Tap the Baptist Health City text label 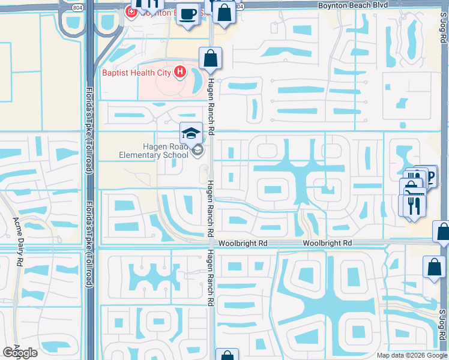click(x=136, y=73)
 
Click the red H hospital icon click(x=179, y=73)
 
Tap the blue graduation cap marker click(x=191, y=133)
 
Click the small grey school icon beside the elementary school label click(x=197, y=151)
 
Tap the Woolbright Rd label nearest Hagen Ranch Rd click(x=243, y=243)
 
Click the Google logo click(x=20, y=353)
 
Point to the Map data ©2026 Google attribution click(x=412, y=355)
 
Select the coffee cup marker click(x=188, y=13)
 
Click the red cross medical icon click(x=130, y=11)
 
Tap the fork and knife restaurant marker click(x=414, y=205)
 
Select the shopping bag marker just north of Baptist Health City click(x=210, y=59)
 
